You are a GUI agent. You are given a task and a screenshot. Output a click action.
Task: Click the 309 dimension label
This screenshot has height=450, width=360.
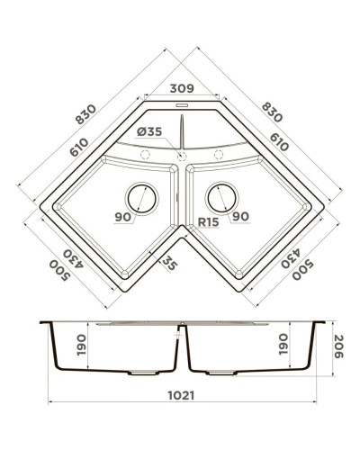pyautogui.click(x=182, y=90)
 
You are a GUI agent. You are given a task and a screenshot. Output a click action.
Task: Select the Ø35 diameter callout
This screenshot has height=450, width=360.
pyautogui.click(x=151, y=132)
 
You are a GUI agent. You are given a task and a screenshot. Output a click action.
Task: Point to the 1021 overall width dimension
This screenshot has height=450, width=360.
pyautogui.click(x=184, y=394)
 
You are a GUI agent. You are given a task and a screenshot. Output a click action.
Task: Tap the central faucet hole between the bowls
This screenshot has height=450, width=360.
pyautogui.click(x=182, y=157)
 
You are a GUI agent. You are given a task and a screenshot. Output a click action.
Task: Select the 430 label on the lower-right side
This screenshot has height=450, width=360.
pyautogui.click(x=290, y=258)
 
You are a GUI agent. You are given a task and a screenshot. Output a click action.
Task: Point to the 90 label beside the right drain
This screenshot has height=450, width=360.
pyautogui.click(x=240, y=216)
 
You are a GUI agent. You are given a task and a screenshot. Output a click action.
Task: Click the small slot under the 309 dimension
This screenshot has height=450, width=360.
pyautogui.click(x=182, y=105)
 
